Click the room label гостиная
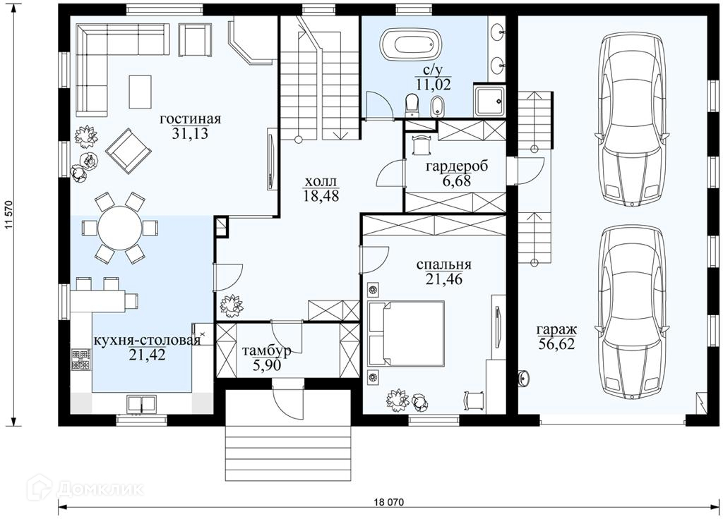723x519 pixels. tap(191, 118)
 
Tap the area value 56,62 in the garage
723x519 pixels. tap(556, 344)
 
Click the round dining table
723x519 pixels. tap(120, 228)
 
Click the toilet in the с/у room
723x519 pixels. tap(411, 104)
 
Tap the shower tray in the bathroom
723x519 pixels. tap(489, 101)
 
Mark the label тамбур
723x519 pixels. tap(267, 352)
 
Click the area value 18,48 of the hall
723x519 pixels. tap(321, 196)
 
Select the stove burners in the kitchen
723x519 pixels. tap(80, 360)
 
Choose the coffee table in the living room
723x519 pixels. tap(140, 92)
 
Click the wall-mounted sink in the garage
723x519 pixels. tap(525, 377)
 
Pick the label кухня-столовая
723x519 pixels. tap(147, 341)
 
